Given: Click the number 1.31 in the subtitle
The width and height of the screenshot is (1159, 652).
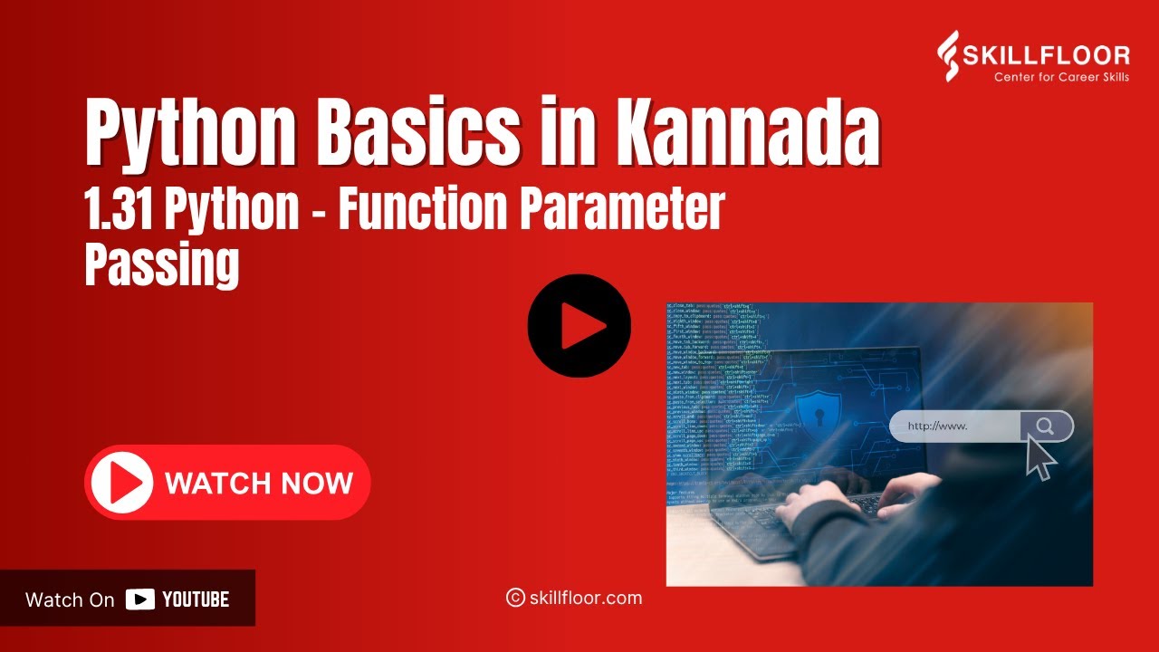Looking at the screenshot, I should pyautogui.click(x=121, y=210).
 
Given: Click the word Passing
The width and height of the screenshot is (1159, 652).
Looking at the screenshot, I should pyautogui.click(x=162, y=264).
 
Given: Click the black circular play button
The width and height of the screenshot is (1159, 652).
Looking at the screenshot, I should pyautogui.click(x=579, y=326).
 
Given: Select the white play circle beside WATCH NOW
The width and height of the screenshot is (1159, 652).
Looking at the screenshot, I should pyautogui.click(x=120, y=483).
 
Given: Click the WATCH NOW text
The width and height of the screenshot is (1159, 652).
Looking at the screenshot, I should pyautogui.click(x=259, y=483).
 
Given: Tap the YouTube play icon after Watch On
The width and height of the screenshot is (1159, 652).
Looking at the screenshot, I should pyautogui.click(x=140, y=599).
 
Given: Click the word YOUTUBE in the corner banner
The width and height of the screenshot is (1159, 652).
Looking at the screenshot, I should pyautogui.click(x=196, y=599).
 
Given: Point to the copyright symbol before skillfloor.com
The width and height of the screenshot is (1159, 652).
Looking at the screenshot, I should pyautogui.click(x=515, y=598).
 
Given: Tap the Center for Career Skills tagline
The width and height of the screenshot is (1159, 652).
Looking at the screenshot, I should pyautogui.click(x=1061, y=77).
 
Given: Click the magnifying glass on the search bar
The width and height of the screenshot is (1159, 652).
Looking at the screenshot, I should pyautogui.click(x=1045, y=426).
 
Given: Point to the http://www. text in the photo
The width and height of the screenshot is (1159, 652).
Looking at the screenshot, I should pyautogui.click(x=938, y=426).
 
